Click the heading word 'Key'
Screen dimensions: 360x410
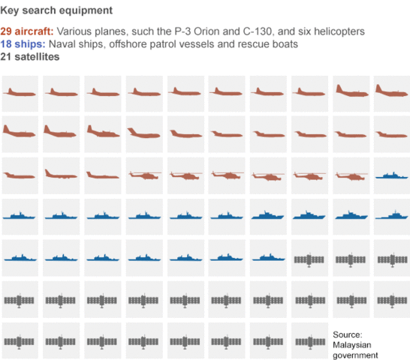click(x=11, y=11)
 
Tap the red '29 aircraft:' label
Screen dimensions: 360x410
click(x=27, y=32)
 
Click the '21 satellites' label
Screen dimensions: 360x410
click(x=31, y=57)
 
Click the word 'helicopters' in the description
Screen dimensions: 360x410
click(x=337, y=32)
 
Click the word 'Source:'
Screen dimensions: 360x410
click(x=348, y=334)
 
